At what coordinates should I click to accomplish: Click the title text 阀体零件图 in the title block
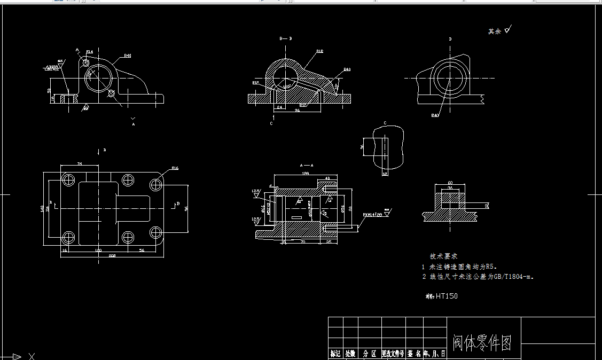pos(482,342)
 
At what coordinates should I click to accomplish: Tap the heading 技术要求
pos(443,256)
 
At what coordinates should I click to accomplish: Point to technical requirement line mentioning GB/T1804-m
pos(478,277)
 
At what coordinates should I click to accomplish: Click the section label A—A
pos(307,165)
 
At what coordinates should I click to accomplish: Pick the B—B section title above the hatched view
pos(286,39)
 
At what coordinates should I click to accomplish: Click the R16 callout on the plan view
pos(175,168)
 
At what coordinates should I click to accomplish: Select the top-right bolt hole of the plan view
pos(156,185)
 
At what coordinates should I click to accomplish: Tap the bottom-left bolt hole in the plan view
pos(68,237)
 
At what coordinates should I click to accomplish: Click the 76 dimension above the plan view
pos(80,163)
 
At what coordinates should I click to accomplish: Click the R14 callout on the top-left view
pos(89,52)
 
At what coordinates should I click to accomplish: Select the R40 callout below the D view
pos(435,115)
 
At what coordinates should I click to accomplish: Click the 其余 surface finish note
pos(495,32)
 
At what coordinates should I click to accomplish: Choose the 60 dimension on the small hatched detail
pos(450,183)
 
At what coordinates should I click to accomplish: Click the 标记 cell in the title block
pos(335,354)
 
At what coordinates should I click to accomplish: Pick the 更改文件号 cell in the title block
pos(393,354)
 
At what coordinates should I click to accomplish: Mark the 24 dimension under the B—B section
pos(279,107)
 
